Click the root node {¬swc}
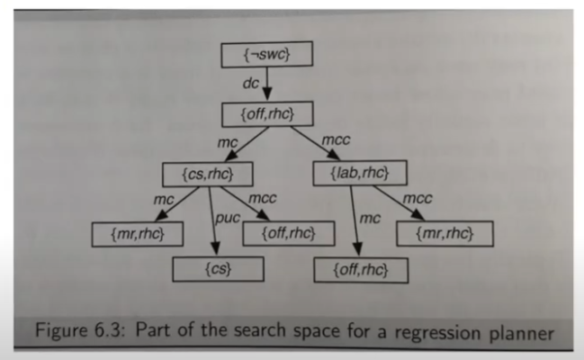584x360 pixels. pyautogui.click(x=266, y=55)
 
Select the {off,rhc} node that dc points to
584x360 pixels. pyautogui.click(x=267, y=113)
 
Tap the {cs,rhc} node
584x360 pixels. pyautogui.click(x=207, y=172)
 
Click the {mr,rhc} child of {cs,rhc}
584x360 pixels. pyautogui.click(x=137, y=235)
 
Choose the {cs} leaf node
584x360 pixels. pyautogui.click(x=218, y=268)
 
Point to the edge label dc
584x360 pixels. pyautogui.click(x=252, y=84)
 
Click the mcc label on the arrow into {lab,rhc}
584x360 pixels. pyautogui.click(x=334, y=140)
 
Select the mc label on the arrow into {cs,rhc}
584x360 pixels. pyautogui.click(x=227, y=142)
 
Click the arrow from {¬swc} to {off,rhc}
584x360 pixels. pyautogui.click(x=267, y=85)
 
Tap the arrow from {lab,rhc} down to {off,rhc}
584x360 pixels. pyautogui.click(x=356, y=220)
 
